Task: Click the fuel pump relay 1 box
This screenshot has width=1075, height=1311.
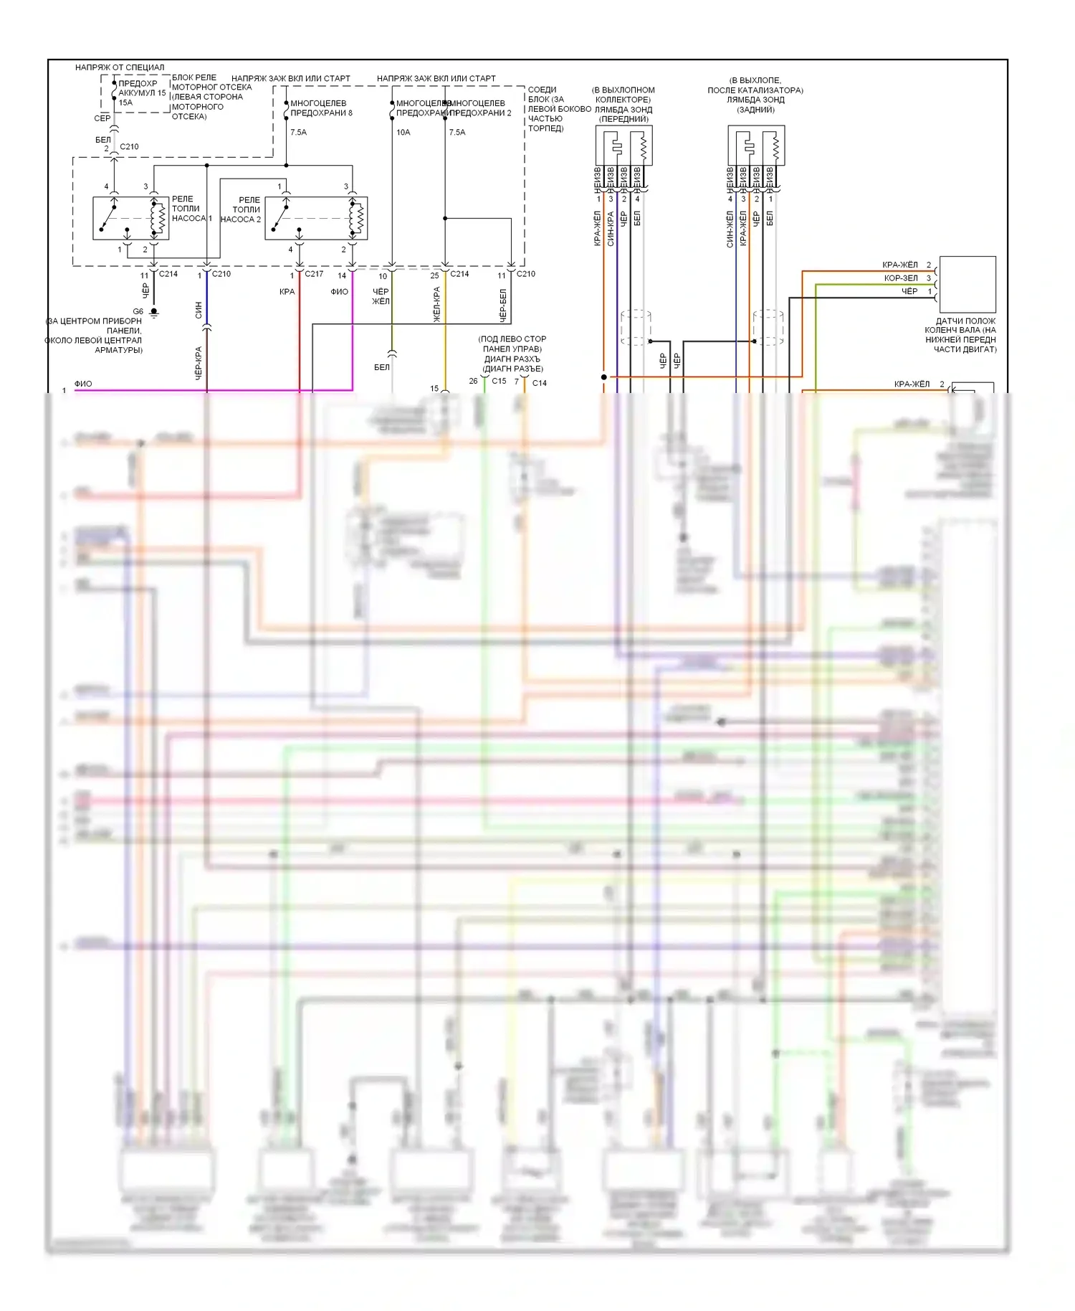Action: pyautogui.click(x=131, y=218)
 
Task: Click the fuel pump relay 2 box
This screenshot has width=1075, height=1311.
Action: pyautogui.click(x=316, y=218)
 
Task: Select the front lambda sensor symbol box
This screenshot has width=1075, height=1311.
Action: pyautogui.click(x=623, y=146)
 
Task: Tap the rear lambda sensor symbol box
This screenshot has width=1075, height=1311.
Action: pyautogui.click(x=756, y=146)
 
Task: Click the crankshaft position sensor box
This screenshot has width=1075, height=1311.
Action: pyautogui.click(x=967, y=284)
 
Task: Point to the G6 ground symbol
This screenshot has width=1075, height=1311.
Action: pyautogui.click(x=153, y=313)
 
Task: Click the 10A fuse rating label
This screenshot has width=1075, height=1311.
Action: pyautogui.click(x=403, y=133)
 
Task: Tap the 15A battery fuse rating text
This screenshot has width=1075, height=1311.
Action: pyautogui.click(x=125, y=103)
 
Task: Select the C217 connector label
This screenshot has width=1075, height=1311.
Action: pyautogui.click(x=314, y=274)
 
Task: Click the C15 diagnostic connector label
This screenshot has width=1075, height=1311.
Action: pyautogui.click(x=499, y=382)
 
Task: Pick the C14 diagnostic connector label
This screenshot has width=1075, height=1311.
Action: pyautogui.click(x=540, y=383)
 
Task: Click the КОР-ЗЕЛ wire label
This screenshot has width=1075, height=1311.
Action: pyautogui.click(x=901, y=278)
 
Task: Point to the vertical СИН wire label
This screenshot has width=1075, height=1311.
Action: pyautogui.click(x=199, y=310)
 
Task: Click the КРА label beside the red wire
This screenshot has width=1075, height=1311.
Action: pyautogui.click(x=287, y=292)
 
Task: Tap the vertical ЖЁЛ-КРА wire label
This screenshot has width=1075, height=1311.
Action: pyautogui.click(x=436, y=304)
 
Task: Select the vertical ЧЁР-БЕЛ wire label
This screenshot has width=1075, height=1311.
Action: pyautogui.click(x=503, y=306)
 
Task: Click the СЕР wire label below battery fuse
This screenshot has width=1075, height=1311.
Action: pyautogui.click(x=102, y=118)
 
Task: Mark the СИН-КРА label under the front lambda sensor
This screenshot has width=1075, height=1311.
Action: pyautogui.click(x=611, y=229)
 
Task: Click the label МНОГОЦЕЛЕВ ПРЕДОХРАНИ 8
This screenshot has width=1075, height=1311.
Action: pyautogui.click(x=321, y=108)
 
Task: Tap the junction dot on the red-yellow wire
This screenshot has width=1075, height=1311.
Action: pyautogui.click(x=604, y=377)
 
